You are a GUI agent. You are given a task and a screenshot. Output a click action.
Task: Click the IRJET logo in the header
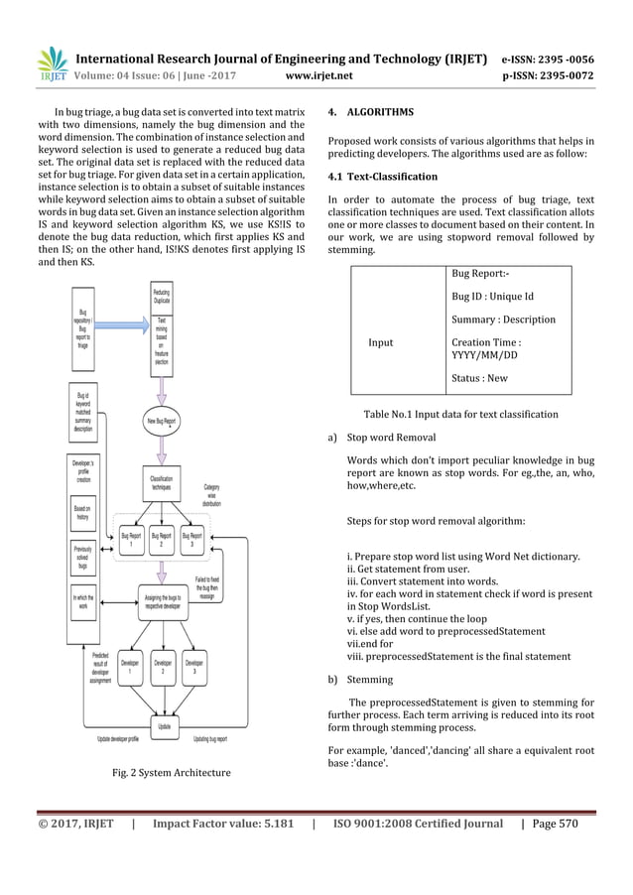[x=52, y=64]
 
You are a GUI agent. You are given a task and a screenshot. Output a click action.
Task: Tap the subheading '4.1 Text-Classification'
[x=382, y=177]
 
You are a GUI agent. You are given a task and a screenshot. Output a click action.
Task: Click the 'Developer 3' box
[x=195, y=667]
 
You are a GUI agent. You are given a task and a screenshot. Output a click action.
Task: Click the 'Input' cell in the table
[x=381, y=342]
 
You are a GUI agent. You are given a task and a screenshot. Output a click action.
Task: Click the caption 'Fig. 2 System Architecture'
[x=173, y=772]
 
